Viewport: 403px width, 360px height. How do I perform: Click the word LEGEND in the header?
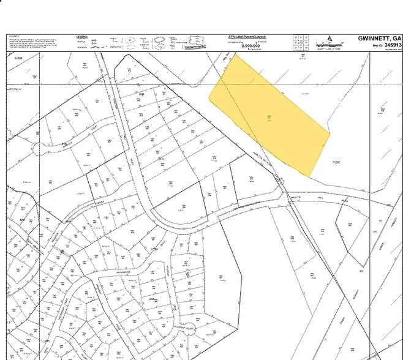[x=82, y=37]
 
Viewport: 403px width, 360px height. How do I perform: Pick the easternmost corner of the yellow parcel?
[x=330, y=133]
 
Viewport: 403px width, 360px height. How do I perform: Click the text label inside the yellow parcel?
[x=268, y=118]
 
